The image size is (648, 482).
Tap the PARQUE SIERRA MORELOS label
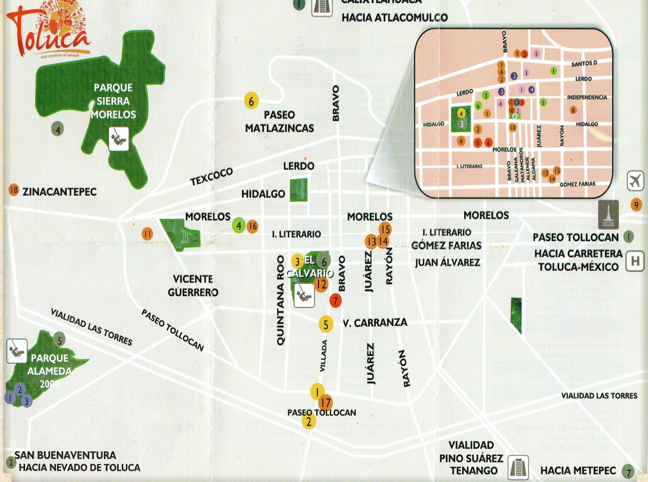pyautogui.click(x=113, y=101)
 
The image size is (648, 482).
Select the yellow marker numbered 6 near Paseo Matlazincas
pyautogui.click(x=251, y=100)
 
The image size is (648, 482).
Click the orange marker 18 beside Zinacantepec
pyautogui.click(x=14, y=190)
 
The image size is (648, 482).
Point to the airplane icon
pyautogui.click(x=635, y=181)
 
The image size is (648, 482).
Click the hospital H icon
pyautogui.click(x=635, y=261)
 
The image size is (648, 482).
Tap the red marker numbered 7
pyautogui.click(x=335, y=301)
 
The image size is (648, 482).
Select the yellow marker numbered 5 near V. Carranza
pyautogui.click(x=326, y=324)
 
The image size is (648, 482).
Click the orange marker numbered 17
pyautogui.click(x=325, y=403)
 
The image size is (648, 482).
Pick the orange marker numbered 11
pyautogui.click(x=147, y=234)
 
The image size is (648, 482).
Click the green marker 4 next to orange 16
pyautogui.click(x=239, y=226)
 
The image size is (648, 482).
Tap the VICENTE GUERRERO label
pyautogui.click(x=193, y=286)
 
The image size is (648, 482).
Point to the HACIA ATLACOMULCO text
pyautogui.click(x=394, y=17)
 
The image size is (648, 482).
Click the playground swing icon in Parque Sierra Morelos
pyautogui.click(x=119, y=139)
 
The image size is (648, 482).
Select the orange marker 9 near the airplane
pyautogui.click(x=636, y=205)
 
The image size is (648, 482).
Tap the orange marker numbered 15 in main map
pyautogui.click(x=385, y=229)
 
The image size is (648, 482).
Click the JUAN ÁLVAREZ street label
pyautogui.click(x=447, y=262)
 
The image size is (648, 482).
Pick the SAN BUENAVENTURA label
pyautogui.click(x=65, y=455)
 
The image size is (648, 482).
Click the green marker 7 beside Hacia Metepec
pyautogui.click(x=629, y=472)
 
